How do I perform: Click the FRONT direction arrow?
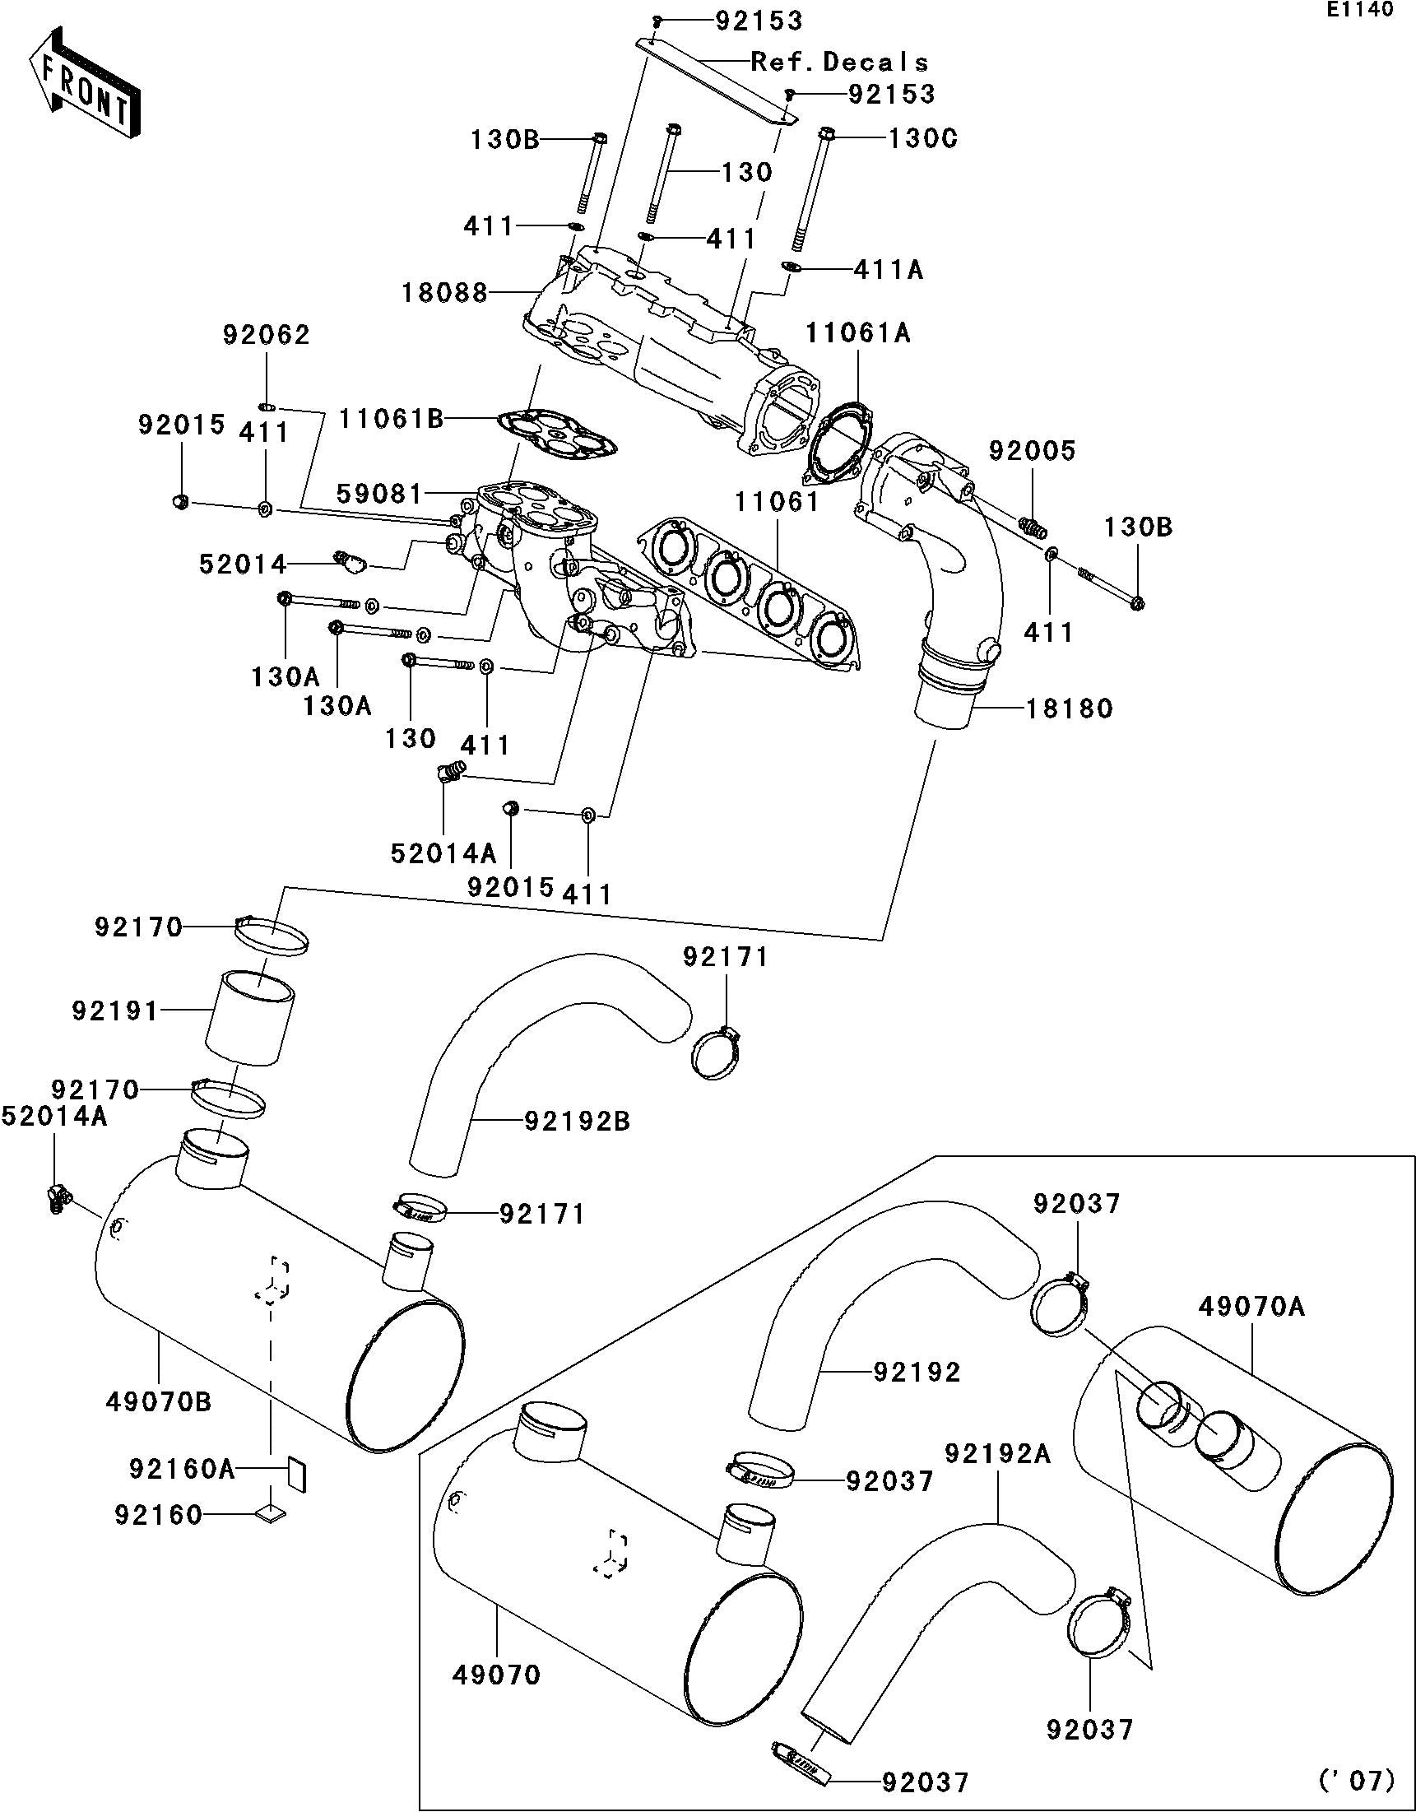coord(83,83)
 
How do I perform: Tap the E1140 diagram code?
coord(1363,11)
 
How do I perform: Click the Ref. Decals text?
coord(838,63)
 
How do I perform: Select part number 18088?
coord(444,293)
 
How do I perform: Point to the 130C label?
coord(922,137)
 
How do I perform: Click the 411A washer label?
coord(889,270)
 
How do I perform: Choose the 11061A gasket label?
coord(857,333)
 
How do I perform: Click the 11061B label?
coord(391,420)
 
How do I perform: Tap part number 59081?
coord(380,495)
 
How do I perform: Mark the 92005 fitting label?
coord(1031,451)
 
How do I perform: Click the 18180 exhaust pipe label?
coord(1070,709)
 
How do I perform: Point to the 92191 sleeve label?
coord(114,1011)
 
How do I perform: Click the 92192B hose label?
coord(578,1122)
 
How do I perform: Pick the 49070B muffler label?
coord(159,1402)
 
